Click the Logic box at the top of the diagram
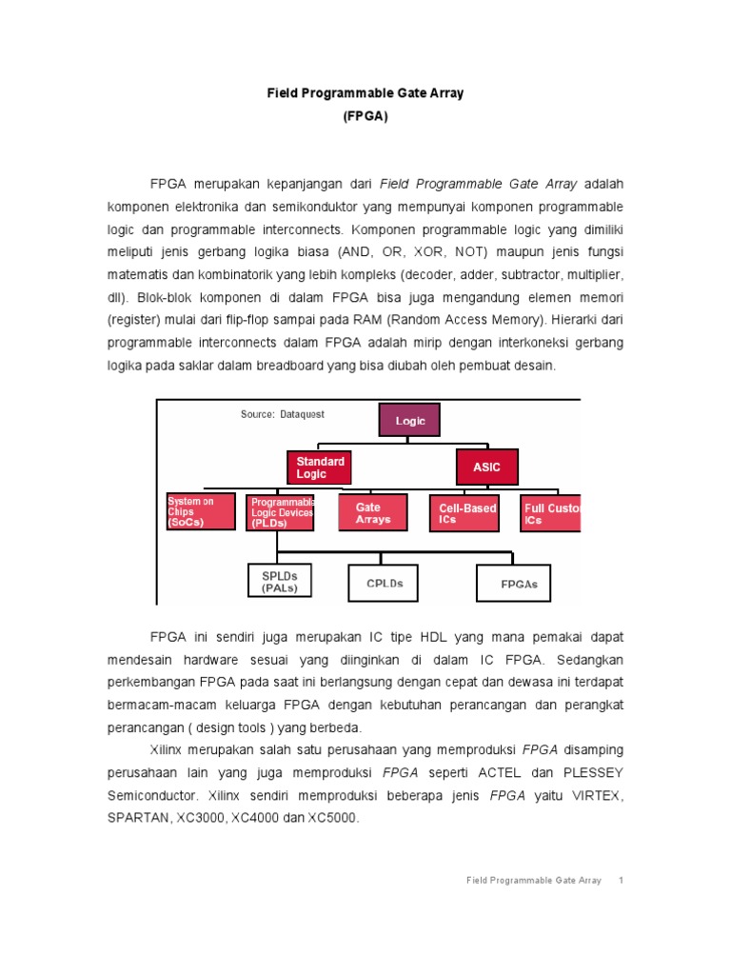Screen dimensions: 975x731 410,421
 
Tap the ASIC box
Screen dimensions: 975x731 486,468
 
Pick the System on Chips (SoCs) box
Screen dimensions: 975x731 200,512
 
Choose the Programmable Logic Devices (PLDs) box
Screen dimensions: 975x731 282,512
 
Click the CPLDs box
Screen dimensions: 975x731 385,583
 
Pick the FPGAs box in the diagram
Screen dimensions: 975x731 513,584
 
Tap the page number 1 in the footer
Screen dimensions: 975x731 620,881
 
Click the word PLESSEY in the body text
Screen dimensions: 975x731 588,771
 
